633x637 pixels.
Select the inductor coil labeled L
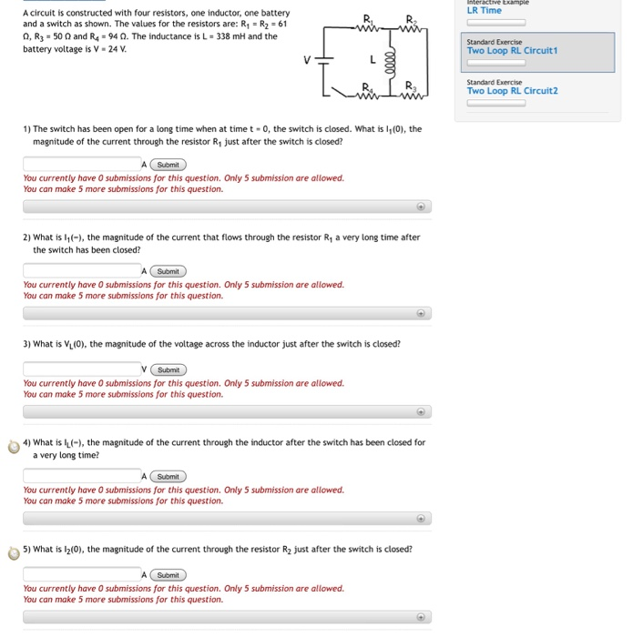click(x=389, y=61)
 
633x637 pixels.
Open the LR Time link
click(x=484, y=11)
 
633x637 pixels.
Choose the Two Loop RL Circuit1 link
click(x=512, y=51)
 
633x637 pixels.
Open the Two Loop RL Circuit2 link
click(x=512, y=91)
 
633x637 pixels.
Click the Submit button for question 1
click(x=168, y=165)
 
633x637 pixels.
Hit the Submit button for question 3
click(x=168, y=370)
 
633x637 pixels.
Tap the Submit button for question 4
click(x=168, y=477)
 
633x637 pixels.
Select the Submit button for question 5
click(x=168, y=575)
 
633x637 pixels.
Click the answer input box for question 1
click(x=81, y=165)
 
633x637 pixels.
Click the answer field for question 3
click(x=81, y=370)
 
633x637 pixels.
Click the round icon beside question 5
click(x=14, y=551)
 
